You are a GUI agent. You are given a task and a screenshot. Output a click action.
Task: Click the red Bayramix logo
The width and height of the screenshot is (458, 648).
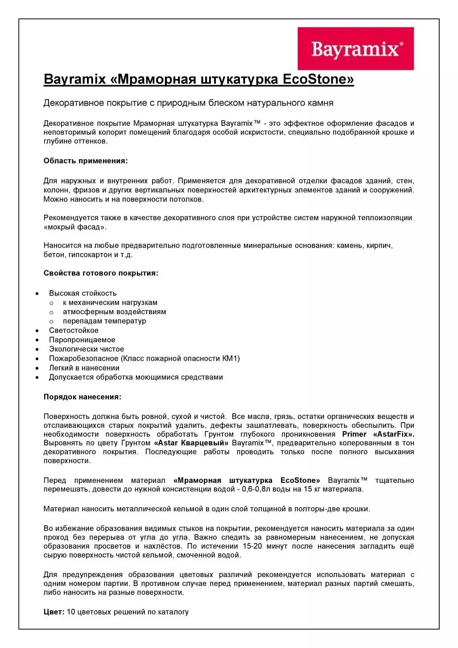coord(355,48)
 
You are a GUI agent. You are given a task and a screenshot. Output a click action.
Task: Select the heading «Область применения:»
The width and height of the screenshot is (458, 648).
coord(86,161)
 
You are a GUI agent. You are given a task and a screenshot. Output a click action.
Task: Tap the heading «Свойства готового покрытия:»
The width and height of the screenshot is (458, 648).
coord(101,273)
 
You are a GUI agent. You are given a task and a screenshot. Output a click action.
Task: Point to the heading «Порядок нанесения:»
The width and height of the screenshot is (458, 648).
coord(83,397)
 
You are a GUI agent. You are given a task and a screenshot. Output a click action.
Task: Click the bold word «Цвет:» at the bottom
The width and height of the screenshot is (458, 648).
coord(54,612)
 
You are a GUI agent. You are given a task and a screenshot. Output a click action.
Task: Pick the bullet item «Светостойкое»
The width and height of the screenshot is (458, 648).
coord(74,330)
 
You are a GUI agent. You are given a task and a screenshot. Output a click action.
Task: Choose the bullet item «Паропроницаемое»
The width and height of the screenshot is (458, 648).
coord(82,340)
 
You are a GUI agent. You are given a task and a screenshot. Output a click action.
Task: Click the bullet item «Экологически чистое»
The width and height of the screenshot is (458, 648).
coord(87,349)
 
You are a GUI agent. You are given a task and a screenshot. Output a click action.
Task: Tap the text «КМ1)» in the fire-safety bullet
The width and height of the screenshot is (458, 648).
coord(231,358)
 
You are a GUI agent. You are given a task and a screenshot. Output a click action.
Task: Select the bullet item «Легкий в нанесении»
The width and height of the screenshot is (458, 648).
coord(84,368)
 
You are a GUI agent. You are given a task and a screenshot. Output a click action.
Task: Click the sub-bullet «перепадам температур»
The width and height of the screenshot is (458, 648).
coord(104,321)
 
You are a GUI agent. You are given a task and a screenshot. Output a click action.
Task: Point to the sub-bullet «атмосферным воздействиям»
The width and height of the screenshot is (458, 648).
coord(114,312)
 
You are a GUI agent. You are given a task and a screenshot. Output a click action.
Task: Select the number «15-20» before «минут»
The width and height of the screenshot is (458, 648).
coord(252,546)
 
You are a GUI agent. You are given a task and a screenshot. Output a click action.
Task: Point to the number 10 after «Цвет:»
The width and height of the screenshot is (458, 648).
coord(71,612)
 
